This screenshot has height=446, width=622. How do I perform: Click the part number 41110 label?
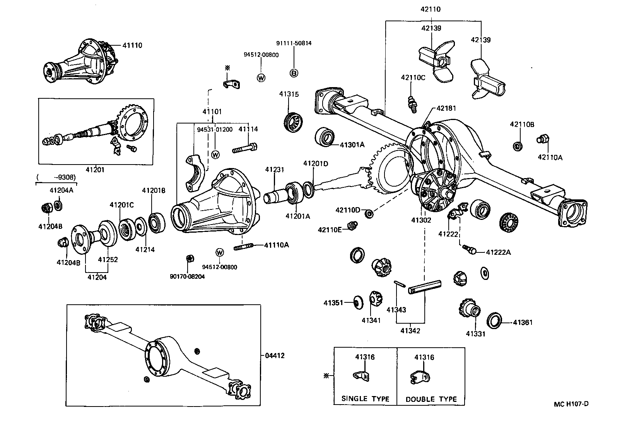click(132, 45)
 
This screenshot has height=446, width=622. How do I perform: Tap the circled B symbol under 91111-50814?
click(294, 73)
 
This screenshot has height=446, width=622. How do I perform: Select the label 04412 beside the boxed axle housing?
click(275, 355)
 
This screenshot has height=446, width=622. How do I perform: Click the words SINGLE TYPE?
click(365, 399)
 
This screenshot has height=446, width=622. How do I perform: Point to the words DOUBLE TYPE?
click(431, 399)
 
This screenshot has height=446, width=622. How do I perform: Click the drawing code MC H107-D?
click(571, 404)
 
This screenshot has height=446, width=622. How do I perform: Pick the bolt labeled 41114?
click(244, 148)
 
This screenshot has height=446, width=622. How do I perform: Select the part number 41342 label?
click(410, 331)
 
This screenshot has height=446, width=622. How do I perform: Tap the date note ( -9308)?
click(56, 177)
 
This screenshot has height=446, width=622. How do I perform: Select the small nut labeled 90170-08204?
click(190, 258)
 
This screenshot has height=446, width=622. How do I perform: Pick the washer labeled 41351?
click(358, 302)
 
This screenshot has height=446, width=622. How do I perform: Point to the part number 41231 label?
click(275, 170)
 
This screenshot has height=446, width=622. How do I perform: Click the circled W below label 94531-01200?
click(215, 154)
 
